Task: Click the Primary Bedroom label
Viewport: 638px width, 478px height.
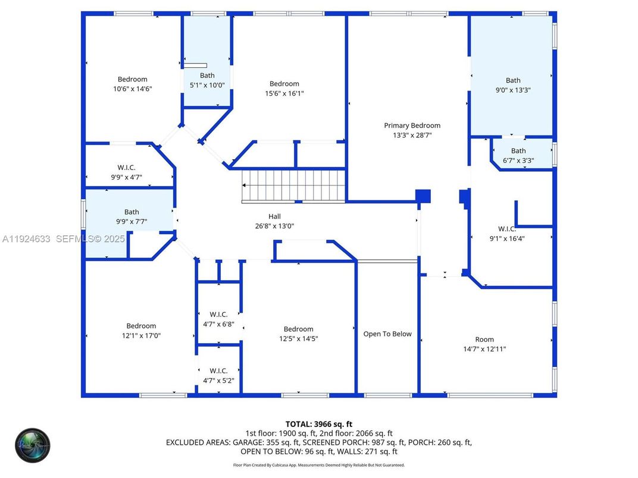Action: [412, 125]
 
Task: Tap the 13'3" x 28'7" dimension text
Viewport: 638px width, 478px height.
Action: [412, 135]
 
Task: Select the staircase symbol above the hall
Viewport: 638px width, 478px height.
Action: [293, 185]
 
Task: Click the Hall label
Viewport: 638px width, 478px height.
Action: [274, 216]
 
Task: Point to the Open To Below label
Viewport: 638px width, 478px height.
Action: [387, 334]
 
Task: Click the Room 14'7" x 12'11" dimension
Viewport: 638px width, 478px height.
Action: [484, 349]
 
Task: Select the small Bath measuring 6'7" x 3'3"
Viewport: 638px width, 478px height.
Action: [518, 155]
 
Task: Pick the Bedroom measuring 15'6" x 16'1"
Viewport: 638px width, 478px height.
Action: [284, 89]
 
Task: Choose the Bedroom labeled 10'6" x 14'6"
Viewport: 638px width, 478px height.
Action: [132, 84]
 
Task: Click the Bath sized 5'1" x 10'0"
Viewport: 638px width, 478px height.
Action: [207, 80]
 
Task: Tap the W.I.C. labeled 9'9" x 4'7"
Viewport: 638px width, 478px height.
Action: [126, 172]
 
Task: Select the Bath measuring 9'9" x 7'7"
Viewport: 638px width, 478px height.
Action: [132, 216]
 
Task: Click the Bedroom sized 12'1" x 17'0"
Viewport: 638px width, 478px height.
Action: [141, 331]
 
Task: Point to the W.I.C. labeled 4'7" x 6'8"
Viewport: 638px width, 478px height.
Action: [218, 319]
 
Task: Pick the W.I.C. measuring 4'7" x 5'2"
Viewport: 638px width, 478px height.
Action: [218, 375]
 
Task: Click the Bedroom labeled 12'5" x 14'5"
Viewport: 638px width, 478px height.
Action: [298, 334]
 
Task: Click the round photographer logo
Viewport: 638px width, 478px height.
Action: [33, 445]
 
